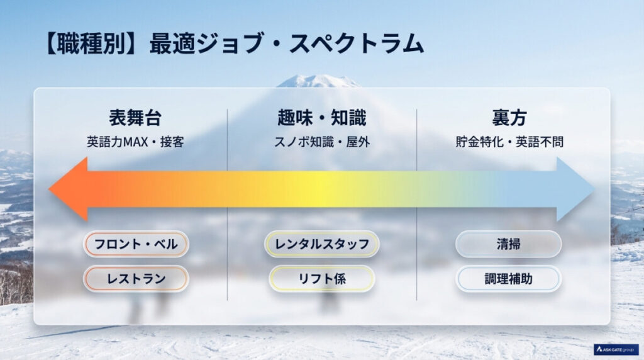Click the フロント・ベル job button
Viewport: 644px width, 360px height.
[x=136, y=244]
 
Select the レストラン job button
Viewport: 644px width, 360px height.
[x=136, y=278]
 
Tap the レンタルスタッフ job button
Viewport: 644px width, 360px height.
[x=322, y=244]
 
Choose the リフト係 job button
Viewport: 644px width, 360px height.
[x=322, y=278]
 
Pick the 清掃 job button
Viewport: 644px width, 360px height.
[x=508, y=244]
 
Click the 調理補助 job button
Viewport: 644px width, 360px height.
[x=508, y=278]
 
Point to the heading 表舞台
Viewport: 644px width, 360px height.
[x=135, y=118]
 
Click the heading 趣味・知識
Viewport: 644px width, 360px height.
[x=321, y=118]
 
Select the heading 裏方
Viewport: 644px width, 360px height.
[x=509, y=118]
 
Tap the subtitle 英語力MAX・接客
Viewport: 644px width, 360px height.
[x=135, y=142]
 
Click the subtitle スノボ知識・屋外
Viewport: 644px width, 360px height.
[x=321, y=142]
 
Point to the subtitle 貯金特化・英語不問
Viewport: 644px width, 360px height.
[x=509, y=142]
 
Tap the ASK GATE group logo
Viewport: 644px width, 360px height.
[x=616, y=349]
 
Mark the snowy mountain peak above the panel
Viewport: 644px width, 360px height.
[x=319, y=80]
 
